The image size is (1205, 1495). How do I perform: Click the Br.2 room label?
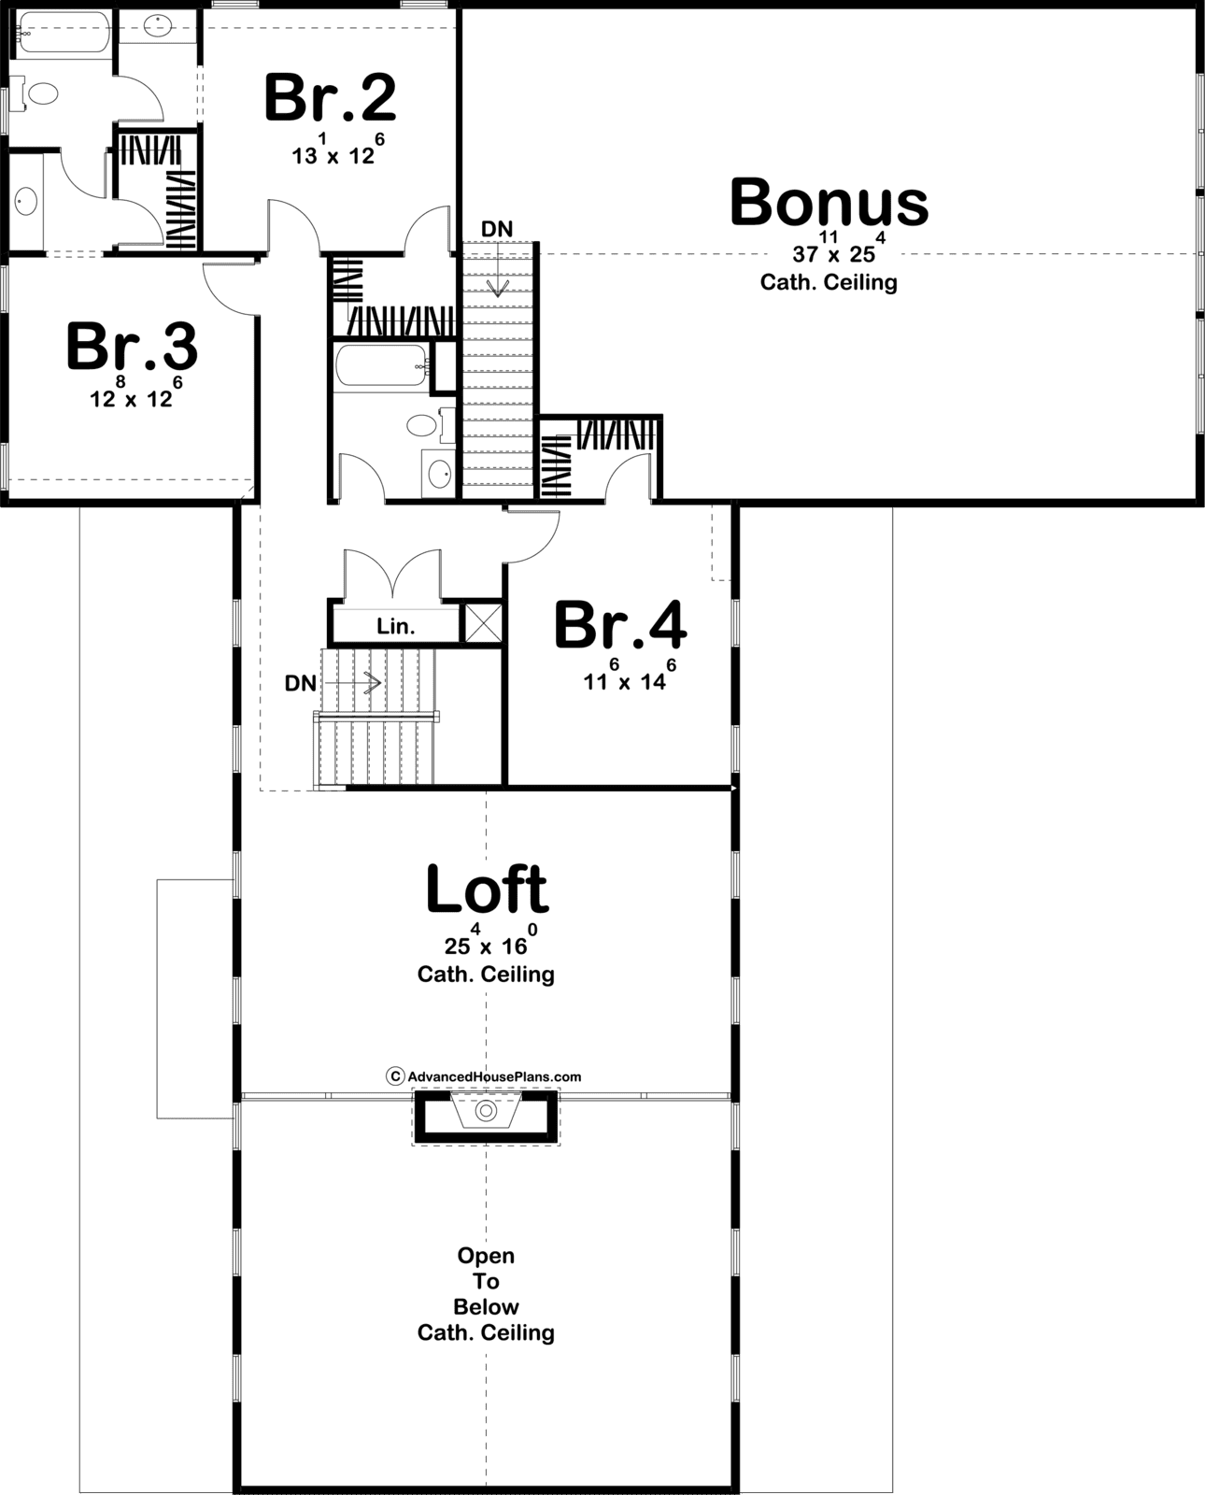click(x=330, y=98)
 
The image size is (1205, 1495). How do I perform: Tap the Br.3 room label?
click(x=132, y=346)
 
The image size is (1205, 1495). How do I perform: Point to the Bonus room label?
click(x=829, y=202)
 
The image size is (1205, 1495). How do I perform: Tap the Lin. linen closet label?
click(x=396, y=626)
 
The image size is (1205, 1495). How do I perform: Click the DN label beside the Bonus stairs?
click(x=497, y=229)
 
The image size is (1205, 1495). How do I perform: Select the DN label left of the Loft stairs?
click(x=301, y=684)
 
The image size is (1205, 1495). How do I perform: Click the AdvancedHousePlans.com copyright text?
click(x=484, y=1076)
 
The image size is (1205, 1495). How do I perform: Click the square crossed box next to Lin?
click(x=483, y=623)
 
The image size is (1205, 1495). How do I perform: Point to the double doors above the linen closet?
click(x=393, y=573)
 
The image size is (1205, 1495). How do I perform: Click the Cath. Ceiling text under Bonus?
click(x=829, y=283)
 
